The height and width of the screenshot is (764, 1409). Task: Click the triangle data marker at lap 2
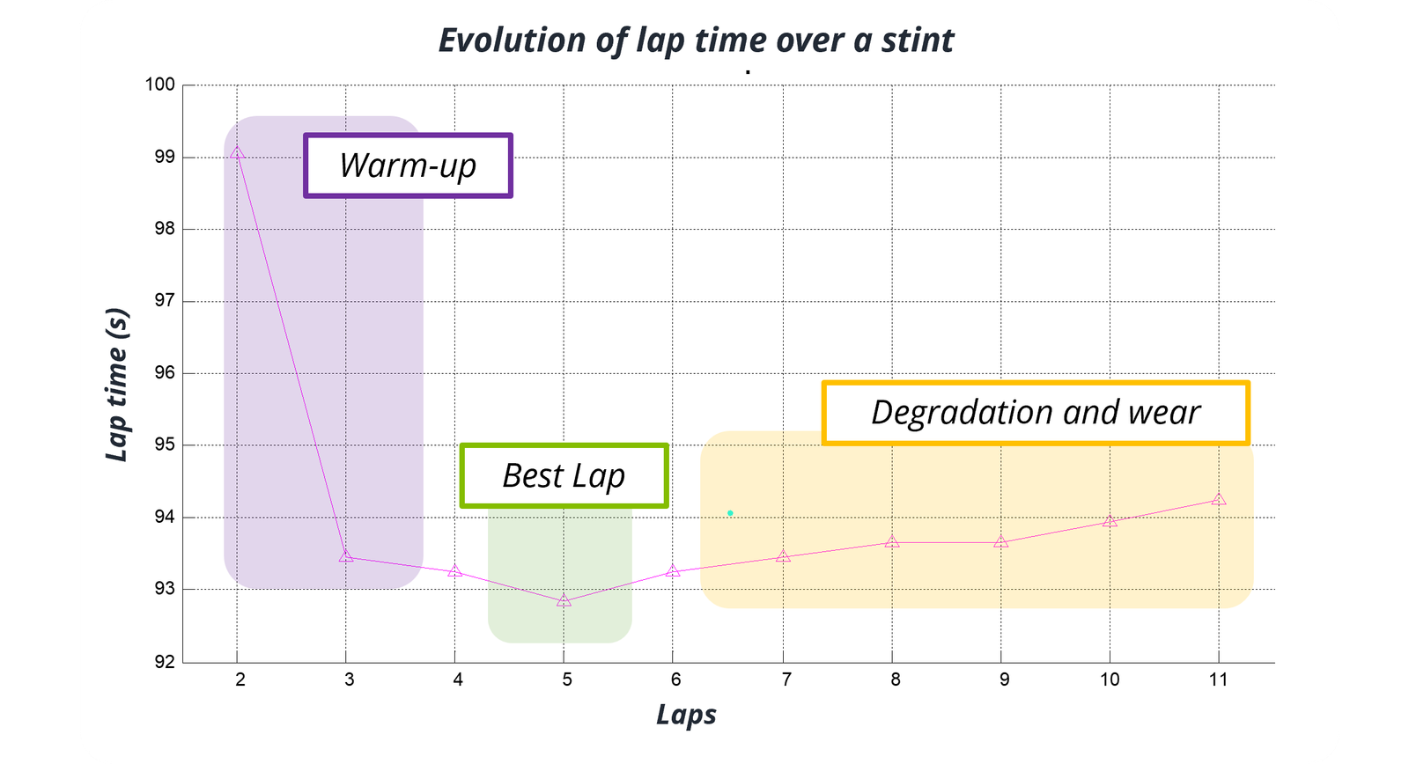[x=237, y=152]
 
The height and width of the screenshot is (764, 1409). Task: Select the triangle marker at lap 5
[x=564, y=601]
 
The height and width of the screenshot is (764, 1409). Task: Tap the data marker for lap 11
[x=1219, y=499]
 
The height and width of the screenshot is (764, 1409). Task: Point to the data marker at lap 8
[x=892, y=541]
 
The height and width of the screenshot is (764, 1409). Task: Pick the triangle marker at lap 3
[x=346, y=555]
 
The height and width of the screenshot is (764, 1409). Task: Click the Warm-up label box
[x=408, y=165]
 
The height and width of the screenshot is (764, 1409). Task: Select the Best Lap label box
[x=564, y=475]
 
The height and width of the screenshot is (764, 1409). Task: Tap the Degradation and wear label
[x=1036, y=412]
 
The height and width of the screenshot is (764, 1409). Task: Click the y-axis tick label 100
[x=160, y=84]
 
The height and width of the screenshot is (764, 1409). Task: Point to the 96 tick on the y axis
[x=165, y=373]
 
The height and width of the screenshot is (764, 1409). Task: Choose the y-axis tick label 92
[x=165, y=662]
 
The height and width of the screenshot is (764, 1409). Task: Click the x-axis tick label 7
[x=786, y=680]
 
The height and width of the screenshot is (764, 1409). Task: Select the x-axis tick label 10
[x=1110, y=680]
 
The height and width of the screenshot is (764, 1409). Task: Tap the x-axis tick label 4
[x=458, y=680]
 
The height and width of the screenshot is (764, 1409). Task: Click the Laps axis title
[x=686, y=714]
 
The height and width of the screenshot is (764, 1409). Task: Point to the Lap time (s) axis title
[x=117, y=385]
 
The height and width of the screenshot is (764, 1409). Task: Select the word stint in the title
[x=918, y=40]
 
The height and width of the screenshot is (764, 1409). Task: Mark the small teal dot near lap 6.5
[x=730, y=513]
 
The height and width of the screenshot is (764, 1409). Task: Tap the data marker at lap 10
[x=1110, y=521]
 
